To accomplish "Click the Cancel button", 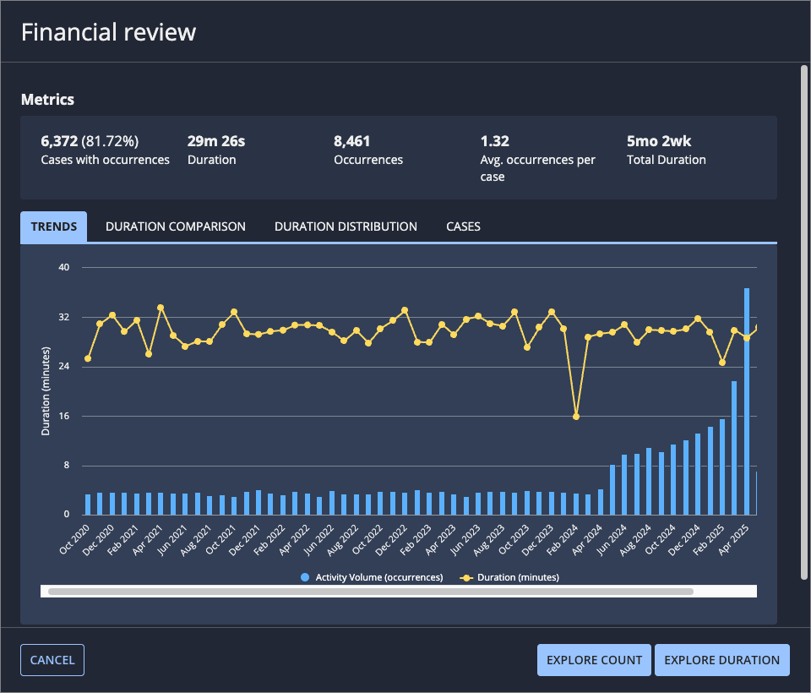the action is tap(52, 660).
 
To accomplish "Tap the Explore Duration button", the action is tap(721, 660).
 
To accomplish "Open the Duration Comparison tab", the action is tap(176, 226).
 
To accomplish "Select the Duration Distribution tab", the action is tap(346, 226).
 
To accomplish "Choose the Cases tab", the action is tap(463, 226).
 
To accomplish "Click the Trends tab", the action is tap(54, 226).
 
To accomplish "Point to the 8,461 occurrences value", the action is tap(351, 141).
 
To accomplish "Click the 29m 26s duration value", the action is tap(216, 141).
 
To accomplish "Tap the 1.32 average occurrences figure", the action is tap(494, 141).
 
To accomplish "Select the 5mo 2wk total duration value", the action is tap(659, 141).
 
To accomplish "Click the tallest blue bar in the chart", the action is tap(746, 401).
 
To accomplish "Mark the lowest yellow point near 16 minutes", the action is tap(575, 417).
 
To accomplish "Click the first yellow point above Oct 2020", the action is tap(88, 358).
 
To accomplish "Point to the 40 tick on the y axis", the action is tap(63, 267).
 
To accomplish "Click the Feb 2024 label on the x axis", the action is tap(563, 540).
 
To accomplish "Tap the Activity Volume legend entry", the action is tap(372, 577).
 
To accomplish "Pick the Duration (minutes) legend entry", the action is tap(509, 577).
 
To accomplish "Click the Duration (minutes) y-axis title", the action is tap(46, 391).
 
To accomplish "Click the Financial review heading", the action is tap(109, 32).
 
